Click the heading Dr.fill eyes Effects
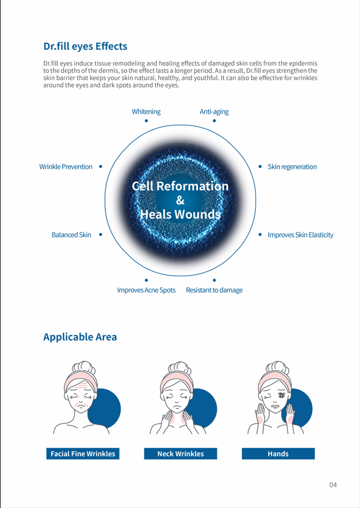pos(85,46)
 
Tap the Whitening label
pos(146,112)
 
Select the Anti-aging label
pos(214,112)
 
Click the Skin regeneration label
pos(292,167)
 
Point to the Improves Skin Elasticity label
pos(300,235)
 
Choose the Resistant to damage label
pos(214,290)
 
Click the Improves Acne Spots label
pos(146,290)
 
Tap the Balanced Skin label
pos(71,235)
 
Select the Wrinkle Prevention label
pos(66,167)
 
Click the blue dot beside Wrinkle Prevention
pos(101,167)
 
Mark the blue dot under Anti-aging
pos(214,121)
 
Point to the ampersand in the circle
pos(180,200)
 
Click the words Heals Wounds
pos(180,215)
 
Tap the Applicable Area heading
pos(80,337)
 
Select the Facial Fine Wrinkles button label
pos(83,454)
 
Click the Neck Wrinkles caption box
pos(181,454)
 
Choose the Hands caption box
pos(278,454)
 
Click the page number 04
pos(333,484)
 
